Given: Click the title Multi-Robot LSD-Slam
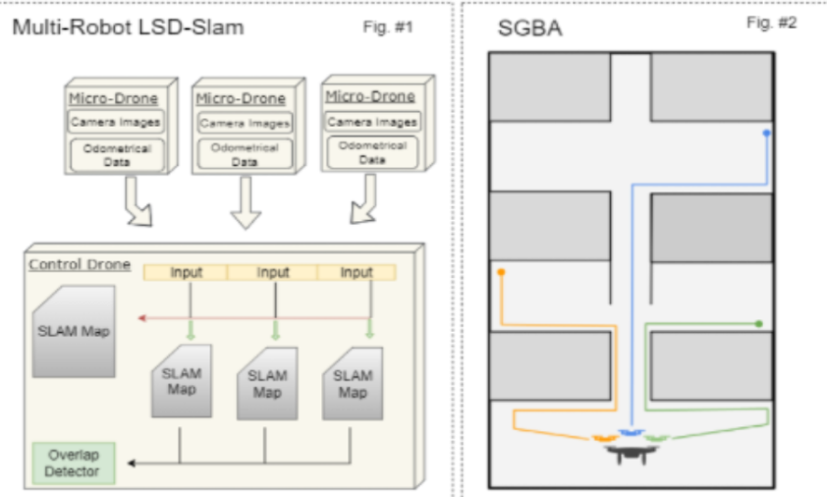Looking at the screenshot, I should click(128, 28).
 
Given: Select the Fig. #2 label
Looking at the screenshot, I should click(771, 23).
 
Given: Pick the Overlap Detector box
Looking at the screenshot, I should click(74, 463).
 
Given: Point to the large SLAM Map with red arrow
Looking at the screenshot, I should click(74, 332).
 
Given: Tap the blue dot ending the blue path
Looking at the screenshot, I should click(766, 132).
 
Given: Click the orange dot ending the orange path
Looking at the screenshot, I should click(502, 271).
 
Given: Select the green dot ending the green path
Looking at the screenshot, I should click(758, 322).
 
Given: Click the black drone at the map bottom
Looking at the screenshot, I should click(629, 453).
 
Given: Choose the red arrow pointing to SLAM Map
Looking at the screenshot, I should click(144, 318).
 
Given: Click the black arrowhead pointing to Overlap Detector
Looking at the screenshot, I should click(133, 462).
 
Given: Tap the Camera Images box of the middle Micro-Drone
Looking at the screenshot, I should click(244, 124).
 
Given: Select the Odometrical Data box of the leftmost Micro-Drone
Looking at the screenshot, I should click(113, 154).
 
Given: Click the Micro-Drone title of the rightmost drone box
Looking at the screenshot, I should click(369, 96).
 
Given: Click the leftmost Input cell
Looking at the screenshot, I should click(186, 272).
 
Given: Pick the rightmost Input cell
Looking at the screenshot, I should click(357, 272).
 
